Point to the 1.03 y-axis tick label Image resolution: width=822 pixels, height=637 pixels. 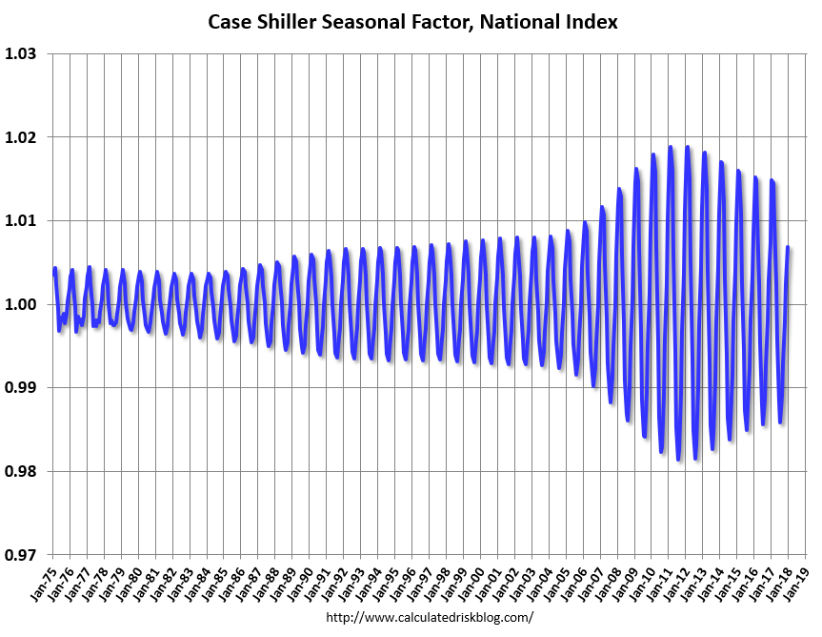pyautogui.click(x=20, y=54)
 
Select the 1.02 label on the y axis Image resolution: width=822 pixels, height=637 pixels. pyautogui.click(x=20, y=137)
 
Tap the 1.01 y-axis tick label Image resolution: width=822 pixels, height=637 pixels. pyautogui.click(x=20, y=221)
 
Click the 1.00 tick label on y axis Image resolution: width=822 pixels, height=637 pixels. pyautogui.click(x=20, y=305)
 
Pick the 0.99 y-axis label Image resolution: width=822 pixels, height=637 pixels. pyautogui.click(x=20, y=388)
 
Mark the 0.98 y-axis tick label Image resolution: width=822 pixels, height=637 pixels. pyautogui.click(x=20, y=472)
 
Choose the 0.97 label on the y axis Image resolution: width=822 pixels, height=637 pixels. pyautogui.click(x=20, y=555)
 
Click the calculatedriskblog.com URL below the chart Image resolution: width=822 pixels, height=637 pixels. pyautogui.click(x=430, y=617)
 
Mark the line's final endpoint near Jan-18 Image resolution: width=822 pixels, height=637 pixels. pyautogui.click(x=789, y=248)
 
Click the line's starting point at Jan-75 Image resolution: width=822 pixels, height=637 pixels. pyautogui.click(x=53, y=275)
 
